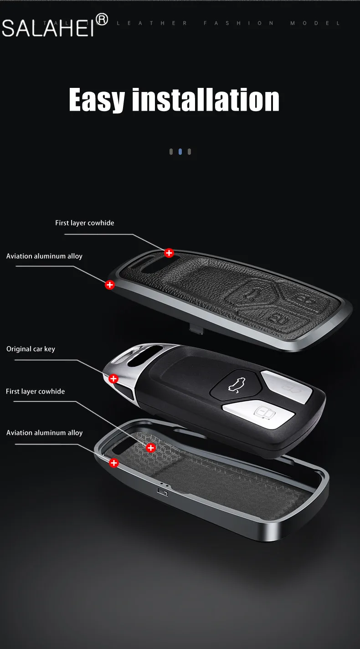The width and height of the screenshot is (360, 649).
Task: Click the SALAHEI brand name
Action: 48,28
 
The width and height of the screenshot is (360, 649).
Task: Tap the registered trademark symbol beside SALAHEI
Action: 102,19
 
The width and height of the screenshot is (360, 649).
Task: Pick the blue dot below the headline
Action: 180,152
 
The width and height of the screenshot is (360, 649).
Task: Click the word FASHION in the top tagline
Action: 239,23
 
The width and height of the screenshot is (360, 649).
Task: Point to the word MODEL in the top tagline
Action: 315,23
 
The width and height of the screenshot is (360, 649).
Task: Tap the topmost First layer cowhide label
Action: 85,223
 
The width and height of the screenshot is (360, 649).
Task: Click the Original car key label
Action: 31,349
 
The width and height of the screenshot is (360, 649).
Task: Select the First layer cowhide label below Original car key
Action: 35,391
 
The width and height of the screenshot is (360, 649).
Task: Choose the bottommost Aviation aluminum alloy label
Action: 44,433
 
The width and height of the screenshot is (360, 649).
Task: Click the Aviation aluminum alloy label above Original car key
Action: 44,256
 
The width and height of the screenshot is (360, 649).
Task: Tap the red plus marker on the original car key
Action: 113,378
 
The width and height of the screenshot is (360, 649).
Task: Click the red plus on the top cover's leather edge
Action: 169,253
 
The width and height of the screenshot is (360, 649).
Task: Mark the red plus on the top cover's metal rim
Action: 109,285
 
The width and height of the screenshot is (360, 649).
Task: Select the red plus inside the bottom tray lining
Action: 151,448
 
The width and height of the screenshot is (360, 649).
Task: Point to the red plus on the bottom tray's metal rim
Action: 113,463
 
